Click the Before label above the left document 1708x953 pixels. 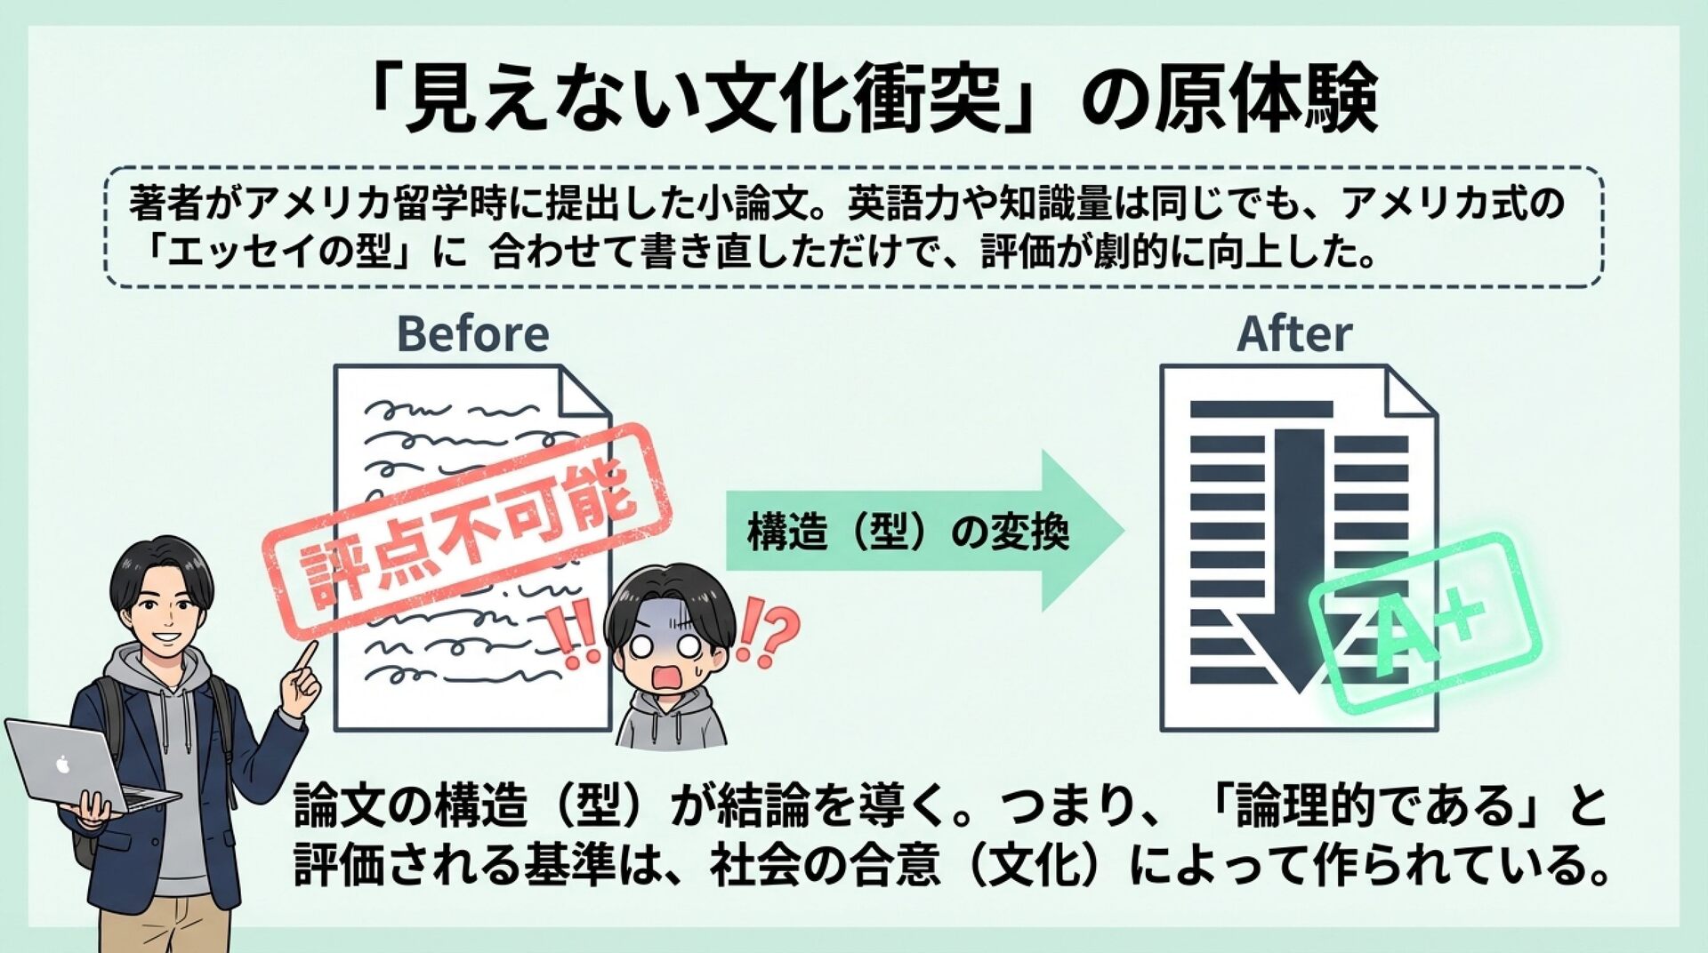coord(472,334)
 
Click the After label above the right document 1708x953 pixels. coord(1293,334)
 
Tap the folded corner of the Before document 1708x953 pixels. coord(584,392)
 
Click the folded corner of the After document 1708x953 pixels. coord(1410,392)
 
